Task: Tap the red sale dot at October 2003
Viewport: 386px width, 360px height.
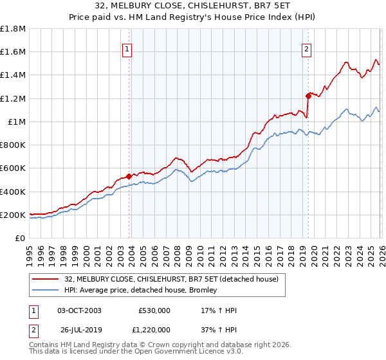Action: pos(129,175)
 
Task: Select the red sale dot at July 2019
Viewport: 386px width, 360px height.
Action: pos(308,95)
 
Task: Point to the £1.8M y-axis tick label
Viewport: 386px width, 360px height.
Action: pos(13,28)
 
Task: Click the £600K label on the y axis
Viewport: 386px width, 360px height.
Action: pos(13,168)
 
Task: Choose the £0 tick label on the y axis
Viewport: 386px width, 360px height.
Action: pos(21,239)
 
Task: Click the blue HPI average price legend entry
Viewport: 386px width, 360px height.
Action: pos(141,291)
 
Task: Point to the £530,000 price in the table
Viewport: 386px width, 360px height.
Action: pos(154,310)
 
